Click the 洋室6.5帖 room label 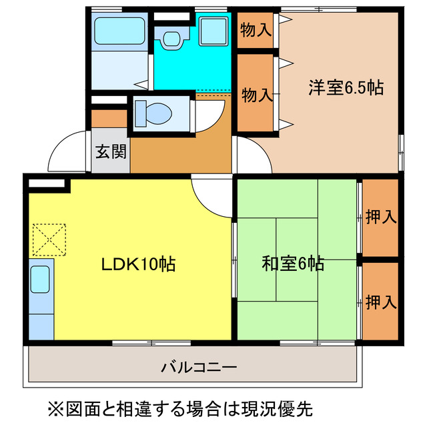coord(346,87)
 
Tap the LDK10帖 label coord(138,264)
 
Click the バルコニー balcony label coord(199,366)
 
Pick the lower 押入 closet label coord(381,302)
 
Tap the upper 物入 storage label coord(256,30)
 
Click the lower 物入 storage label coord(256,95)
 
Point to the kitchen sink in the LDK coord(41,280)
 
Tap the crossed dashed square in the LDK coord(50,239)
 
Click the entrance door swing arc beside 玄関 coord(72,152)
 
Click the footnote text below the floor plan coord(179,406)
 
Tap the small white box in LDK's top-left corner coord(46,182)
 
